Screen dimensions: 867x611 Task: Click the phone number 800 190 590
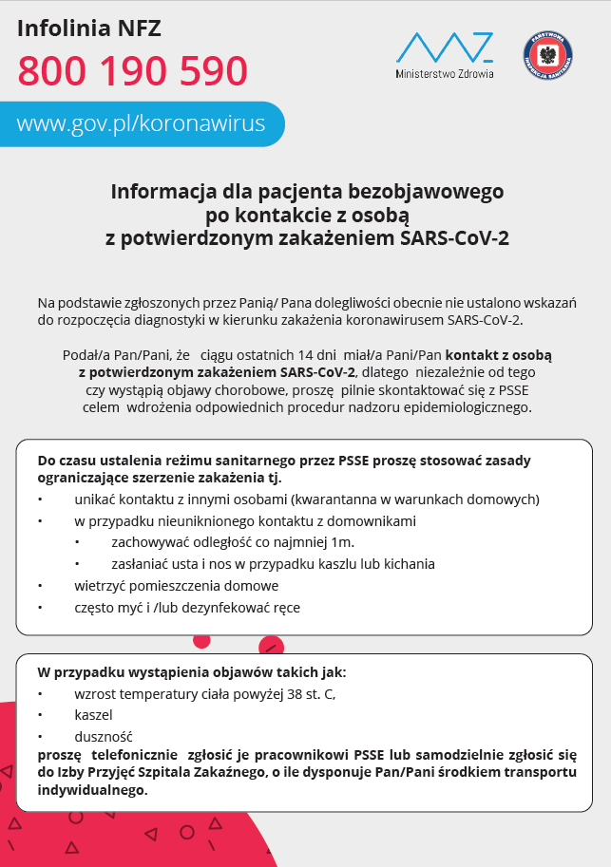[132, 71]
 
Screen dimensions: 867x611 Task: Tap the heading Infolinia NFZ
[89, 28]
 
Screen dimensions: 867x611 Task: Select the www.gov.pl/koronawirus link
[141, 123]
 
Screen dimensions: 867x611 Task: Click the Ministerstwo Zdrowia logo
[445, 55]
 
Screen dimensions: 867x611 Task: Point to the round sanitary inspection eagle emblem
[547, 55]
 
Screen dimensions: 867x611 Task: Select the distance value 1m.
[343, 542]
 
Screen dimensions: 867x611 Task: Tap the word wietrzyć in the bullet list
[104, 586]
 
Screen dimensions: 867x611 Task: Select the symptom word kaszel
[93, 714]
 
